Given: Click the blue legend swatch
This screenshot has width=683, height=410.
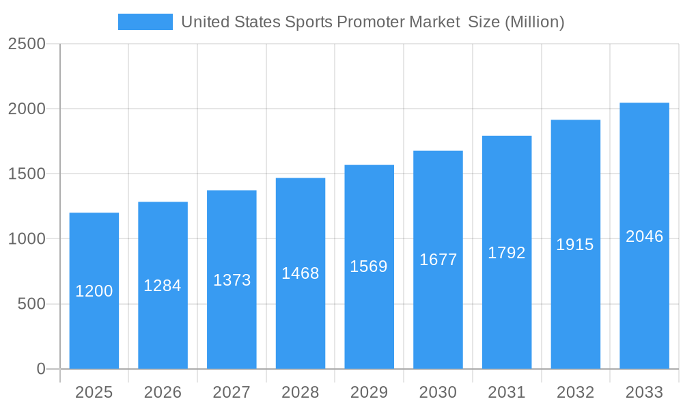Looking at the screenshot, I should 145,22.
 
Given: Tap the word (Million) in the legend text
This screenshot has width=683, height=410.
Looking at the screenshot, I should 534,22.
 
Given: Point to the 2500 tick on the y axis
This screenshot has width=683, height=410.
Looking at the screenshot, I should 27,44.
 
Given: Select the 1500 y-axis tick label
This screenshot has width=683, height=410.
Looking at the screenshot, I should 27,174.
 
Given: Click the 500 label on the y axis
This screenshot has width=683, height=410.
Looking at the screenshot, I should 31,304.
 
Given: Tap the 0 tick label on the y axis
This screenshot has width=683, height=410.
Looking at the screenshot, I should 40,369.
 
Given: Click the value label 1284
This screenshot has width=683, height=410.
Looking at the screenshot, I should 163,286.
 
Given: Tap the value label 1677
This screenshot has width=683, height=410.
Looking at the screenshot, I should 438,260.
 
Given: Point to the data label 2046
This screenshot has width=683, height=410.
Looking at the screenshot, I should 644,236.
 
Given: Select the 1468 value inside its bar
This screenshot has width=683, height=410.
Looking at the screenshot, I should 301,273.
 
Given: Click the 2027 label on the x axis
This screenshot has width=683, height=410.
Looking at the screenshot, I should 232,392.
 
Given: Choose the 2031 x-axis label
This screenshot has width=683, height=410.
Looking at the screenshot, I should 507,392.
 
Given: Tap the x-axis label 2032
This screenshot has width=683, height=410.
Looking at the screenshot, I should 575,392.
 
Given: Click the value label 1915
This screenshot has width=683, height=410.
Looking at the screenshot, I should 575,245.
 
